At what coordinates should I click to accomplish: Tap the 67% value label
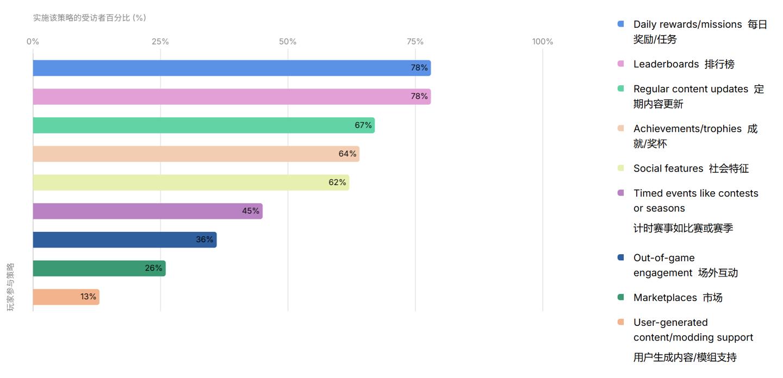pyautogui.click(x=363, y=125)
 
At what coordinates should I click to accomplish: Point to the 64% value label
pyautogui.click(x=347, y=154)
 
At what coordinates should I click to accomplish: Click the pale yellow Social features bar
pyautogui.click(x=190, y=182)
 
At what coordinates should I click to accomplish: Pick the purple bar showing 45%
pyautogui.click(x=147, y=211)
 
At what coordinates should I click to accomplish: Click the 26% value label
pyautogui.click(x=153, y=268)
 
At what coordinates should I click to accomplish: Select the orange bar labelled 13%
pyautogui.click(x=65, y=297)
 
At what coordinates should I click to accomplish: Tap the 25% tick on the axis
pyautogui.click(x=160, y=42)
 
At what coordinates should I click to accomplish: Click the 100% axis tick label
pyautogui.click(x=542, y=42)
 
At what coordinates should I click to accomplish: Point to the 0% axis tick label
pyautogui.click(x=33, y=42)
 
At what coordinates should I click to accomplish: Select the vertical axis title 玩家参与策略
pyautogui.click(x=10, y=287)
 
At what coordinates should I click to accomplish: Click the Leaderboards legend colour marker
pyautogui.click(x=621, y=64)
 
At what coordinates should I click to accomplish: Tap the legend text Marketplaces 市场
pyautogui.click(x=678, y=298)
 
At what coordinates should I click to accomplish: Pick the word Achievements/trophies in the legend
pyautogui.click(x=687, y=129)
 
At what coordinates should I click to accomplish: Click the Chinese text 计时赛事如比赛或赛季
pyautogui.click(x=683, y=228)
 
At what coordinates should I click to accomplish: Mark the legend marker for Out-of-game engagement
pyautogui.click(x=621, y=258)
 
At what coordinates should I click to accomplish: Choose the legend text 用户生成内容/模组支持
pyautogui.click(x=685, y=357)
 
